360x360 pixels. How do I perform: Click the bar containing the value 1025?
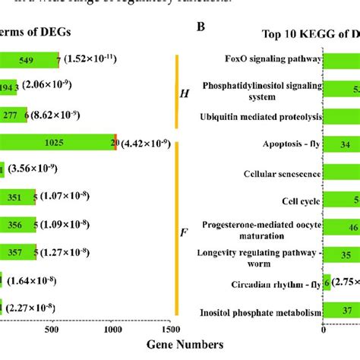point(53,142)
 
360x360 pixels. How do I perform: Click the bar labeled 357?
point(18,252)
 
